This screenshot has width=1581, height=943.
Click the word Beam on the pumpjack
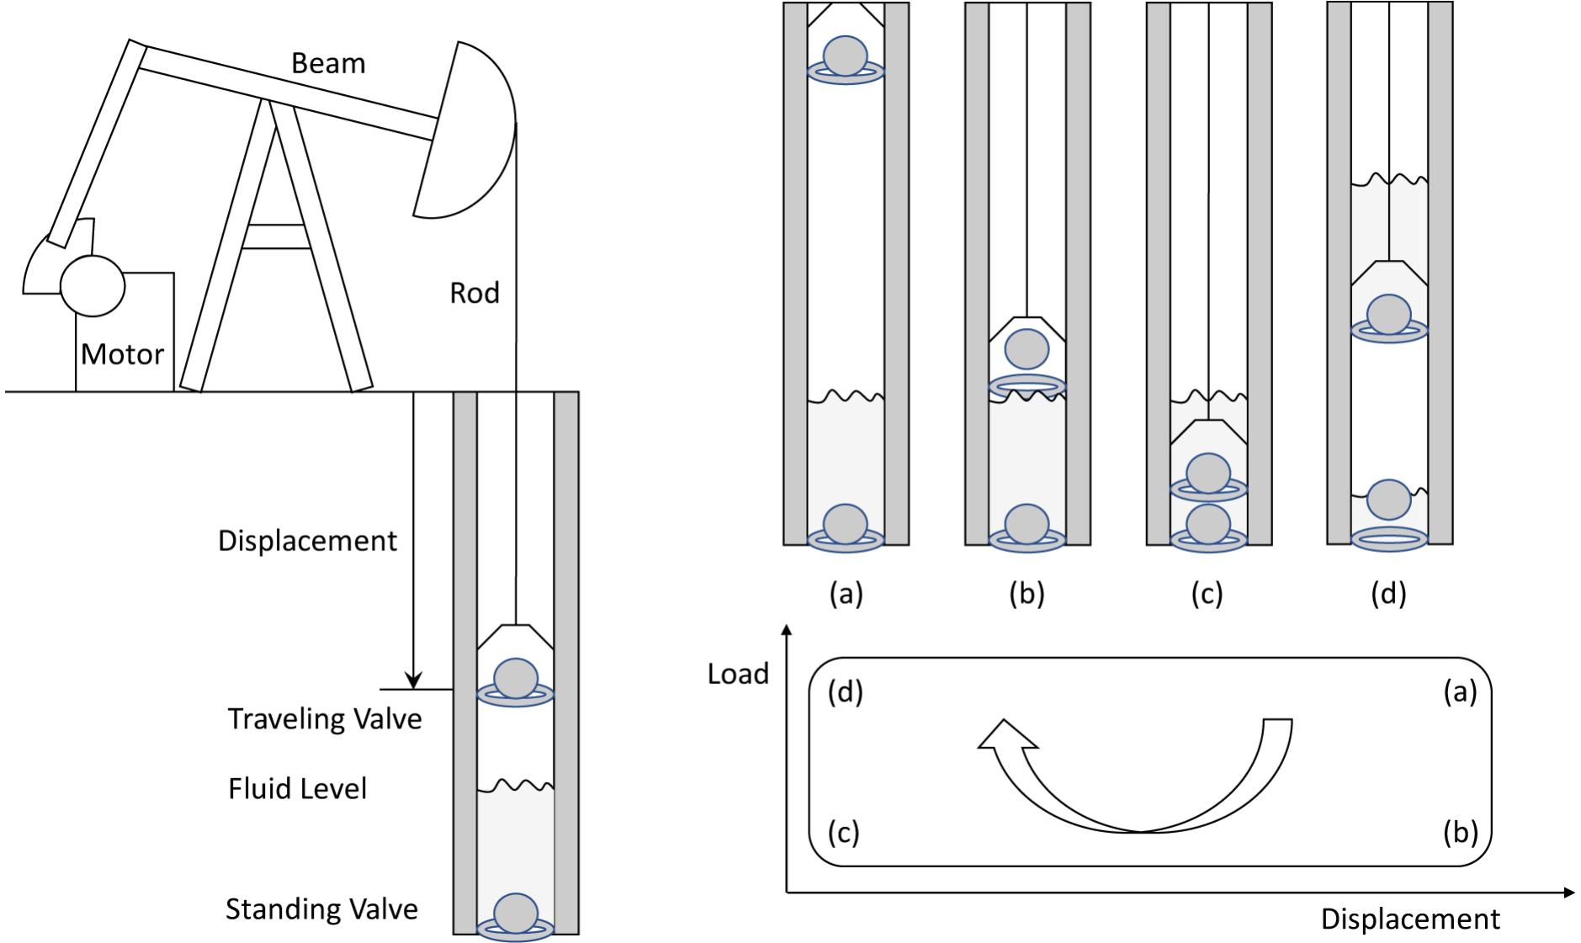328,64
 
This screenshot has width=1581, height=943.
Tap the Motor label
122,354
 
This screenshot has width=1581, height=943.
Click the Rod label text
475,293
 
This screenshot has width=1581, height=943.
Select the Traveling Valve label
325,719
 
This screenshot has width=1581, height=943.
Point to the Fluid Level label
298,789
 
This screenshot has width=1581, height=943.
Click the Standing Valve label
321,909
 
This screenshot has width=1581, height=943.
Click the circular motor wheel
93,286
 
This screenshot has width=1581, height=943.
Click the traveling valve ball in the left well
515,678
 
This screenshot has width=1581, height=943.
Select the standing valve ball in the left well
515,914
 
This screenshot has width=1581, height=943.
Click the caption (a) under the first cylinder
846,594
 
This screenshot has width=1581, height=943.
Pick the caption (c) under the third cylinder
1207,594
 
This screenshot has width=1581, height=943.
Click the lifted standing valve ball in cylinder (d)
1388,500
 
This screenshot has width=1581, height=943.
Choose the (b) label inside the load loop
1461,832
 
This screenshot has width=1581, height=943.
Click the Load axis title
738,674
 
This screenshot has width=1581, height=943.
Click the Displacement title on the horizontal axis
1410,919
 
